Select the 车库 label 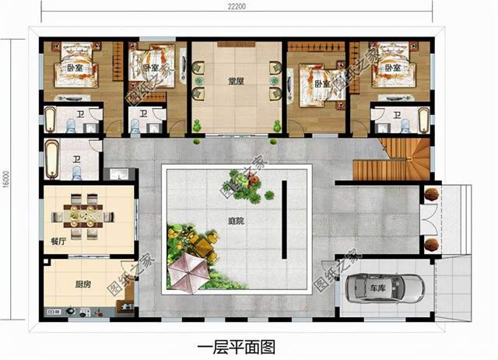(x=377, y=288)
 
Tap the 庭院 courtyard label (x=235, y=222)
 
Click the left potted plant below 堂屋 (x=198, y=124)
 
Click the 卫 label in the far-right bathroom (x=397, y=117)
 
